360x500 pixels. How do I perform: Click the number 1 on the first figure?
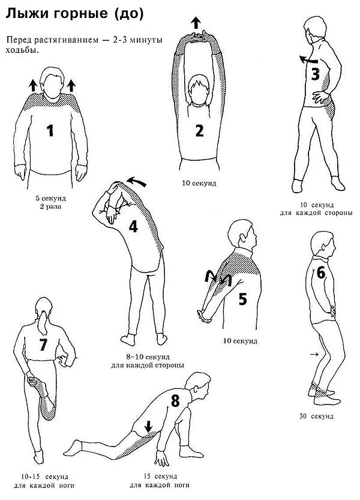point(51,130)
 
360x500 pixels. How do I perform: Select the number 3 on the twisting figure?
point(316,74)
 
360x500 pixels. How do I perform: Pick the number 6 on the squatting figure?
point(320,273)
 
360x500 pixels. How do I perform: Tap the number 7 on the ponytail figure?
point(43,345)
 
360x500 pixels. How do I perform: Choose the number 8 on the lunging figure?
point(175,401)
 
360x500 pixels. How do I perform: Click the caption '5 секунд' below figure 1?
point(50,197)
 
